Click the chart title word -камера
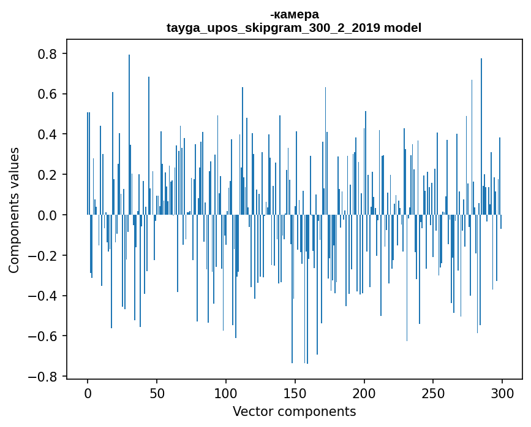(x=294, y=15)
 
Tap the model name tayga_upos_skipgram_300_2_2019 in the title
(x=273, y=28)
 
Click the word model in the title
(x=402, y=28)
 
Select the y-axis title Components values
(x=14, y=210)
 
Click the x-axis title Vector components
(x=294, y=412)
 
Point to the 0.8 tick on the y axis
(x=47, y=54)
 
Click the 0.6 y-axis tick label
(x=47, y=94)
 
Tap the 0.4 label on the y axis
(x=47, y=134)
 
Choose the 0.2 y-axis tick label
(x=47, y=175)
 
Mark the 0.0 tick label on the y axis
(x=47, y=215)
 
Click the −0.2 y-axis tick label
(x=42, y=255)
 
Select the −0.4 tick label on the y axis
(x=42, y=296)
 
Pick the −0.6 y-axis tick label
(x=42, y=336)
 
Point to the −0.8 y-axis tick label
(x=42, y=377)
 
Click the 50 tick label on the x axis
(x=157, y=394)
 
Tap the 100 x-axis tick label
(x=226, y=394)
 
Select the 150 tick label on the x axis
(x=295, y=394)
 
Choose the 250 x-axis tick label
(x=433, y=394)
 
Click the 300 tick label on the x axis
(x=502, y=394)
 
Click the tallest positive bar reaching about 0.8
(x=129, y=134)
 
